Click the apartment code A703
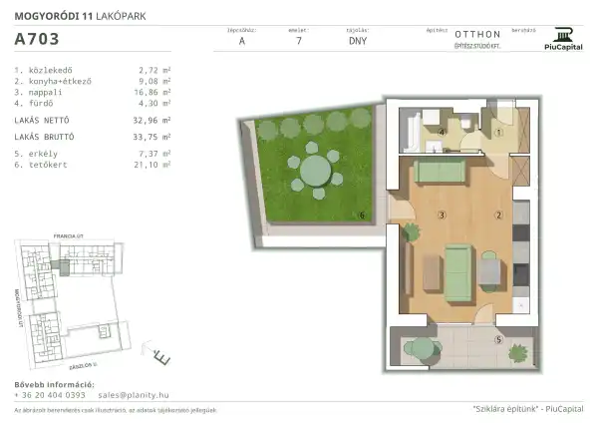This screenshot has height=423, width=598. tap(37, 40)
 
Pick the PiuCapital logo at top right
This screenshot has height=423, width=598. tap(563, 35)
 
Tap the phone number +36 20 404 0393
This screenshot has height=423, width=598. tap(50, 395)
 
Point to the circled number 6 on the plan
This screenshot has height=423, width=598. tap(362, 214)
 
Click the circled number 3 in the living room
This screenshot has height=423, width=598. tap(441, 214)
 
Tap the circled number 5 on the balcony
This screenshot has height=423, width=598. tap(498, 339)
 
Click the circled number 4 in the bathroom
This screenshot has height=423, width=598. tap(441, 131)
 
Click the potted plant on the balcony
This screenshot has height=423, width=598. tap(517, 353)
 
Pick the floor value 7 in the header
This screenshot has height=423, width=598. tap(298, 42)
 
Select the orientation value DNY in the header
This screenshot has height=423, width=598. tap(357, 42)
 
